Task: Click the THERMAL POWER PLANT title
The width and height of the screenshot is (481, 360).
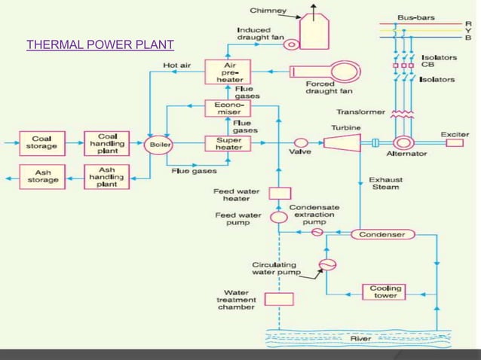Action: pos(100,44)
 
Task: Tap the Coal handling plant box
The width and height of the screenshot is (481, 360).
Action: pos(107,142)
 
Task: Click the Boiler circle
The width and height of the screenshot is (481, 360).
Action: pos(159,142)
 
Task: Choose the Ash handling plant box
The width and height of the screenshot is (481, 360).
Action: pos(107,176)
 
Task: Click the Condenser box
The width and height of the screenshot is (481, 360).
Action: pos(383,235)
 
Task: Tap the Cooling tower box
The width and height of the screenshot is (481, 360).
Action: pos(384,291)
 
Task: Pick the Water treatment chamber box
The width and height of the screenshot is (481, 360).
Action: pos(279,299)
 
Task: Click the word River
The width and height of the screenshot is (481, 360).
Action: pos(360,339)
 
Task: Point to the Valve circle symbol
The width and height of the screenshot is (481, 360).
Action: pos(300,142)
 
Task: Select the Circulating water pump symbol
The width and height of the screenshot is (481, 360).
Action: pos(326,264)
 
